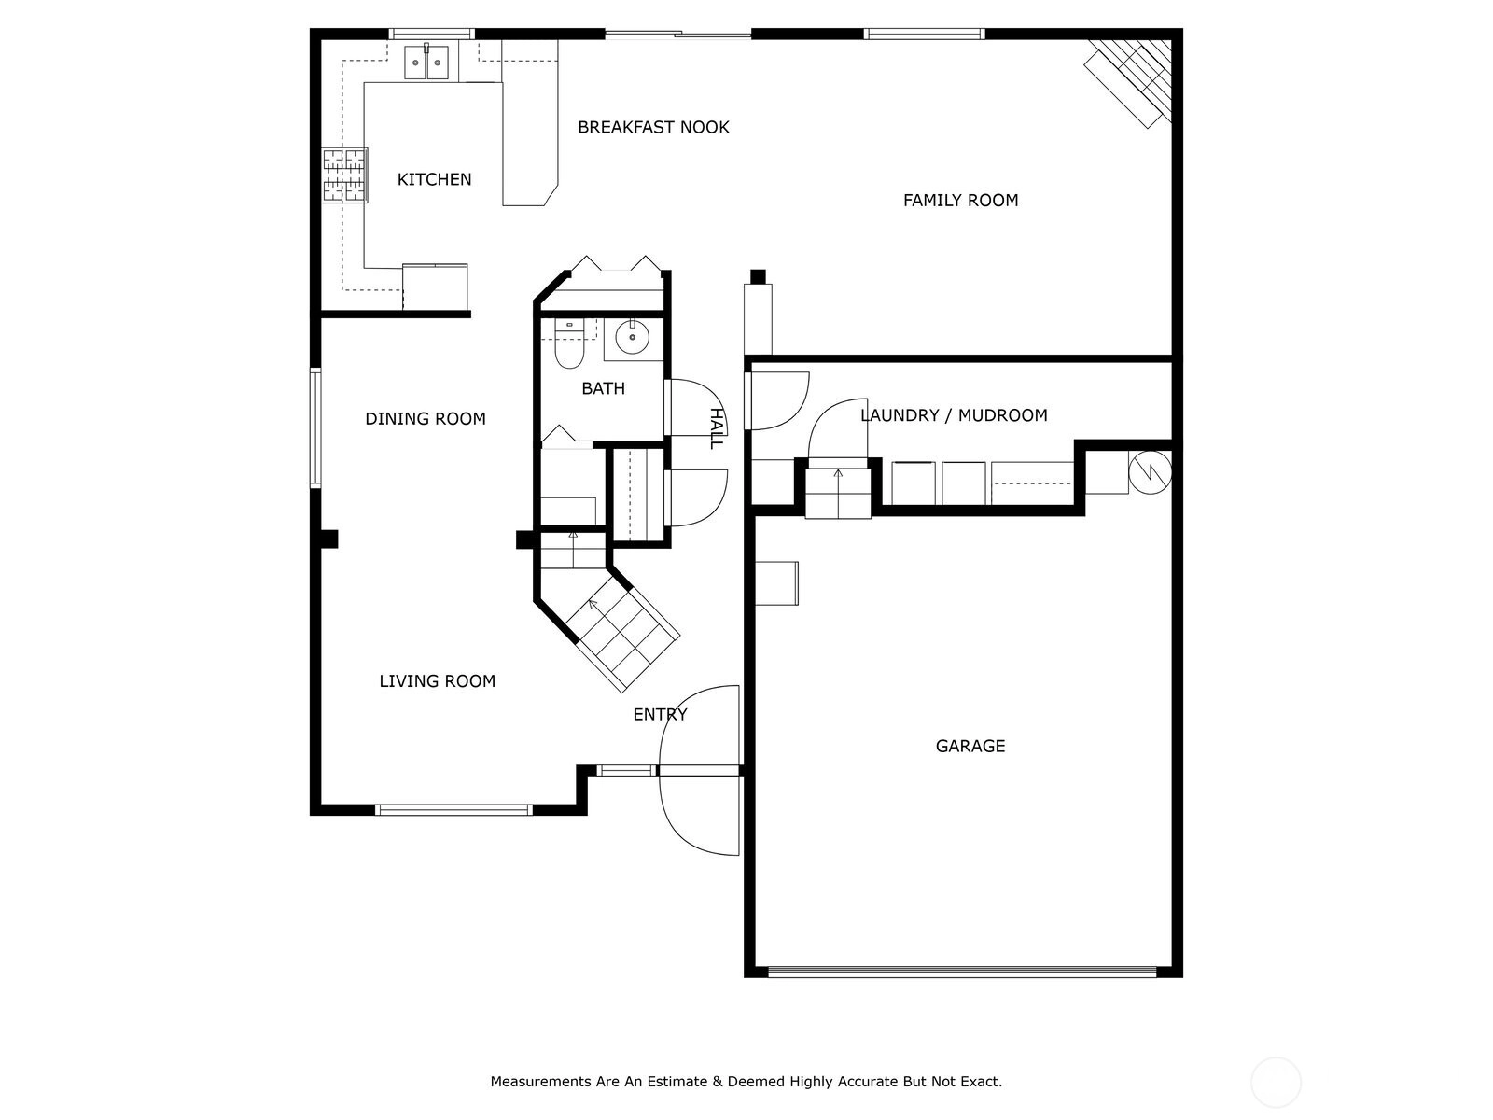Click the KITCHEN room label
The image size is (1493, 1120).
tap(434, 179)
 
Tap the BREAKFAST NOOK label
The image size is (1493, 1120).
tap(653, 127)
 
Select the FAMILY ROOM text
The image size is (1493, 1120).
tap(960, 201)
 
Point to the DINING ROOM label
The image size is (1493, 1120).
tap(426, 419)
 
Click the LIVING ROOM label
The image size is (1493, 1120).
tap(438, 681)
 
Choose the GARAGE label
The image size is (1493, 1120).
tap(970, 747)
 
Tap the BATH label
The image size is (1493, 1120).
tap(604, 389)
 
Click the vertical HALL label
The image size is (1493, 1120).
tap(716, 428)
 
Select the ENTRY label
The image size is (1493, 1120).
tap(660, 715)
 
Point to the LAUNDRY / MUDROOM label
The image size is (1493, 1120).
tap(954, 415)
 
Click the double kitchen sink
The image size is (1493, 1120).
tap(426, 62)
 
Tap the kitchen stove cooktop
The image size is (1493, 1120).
tap(345, 175)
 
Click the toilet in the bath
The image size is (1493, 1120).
tap(569, 344)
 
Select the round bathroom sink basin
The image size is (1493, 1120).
tap(632, 337)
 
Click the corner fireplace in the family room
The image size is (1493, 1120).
tap(1129, 82)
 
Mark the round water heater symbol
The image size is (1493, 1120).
tap(1151, 472)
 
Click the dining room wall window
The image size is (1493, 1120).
tap(315, 427)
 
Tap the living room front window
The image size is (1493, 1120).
tap(453, 809)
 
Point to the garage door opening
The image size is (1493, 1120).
tap(962, 973)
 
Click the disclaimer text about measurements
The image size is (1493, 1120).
tap(746, 1082)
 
